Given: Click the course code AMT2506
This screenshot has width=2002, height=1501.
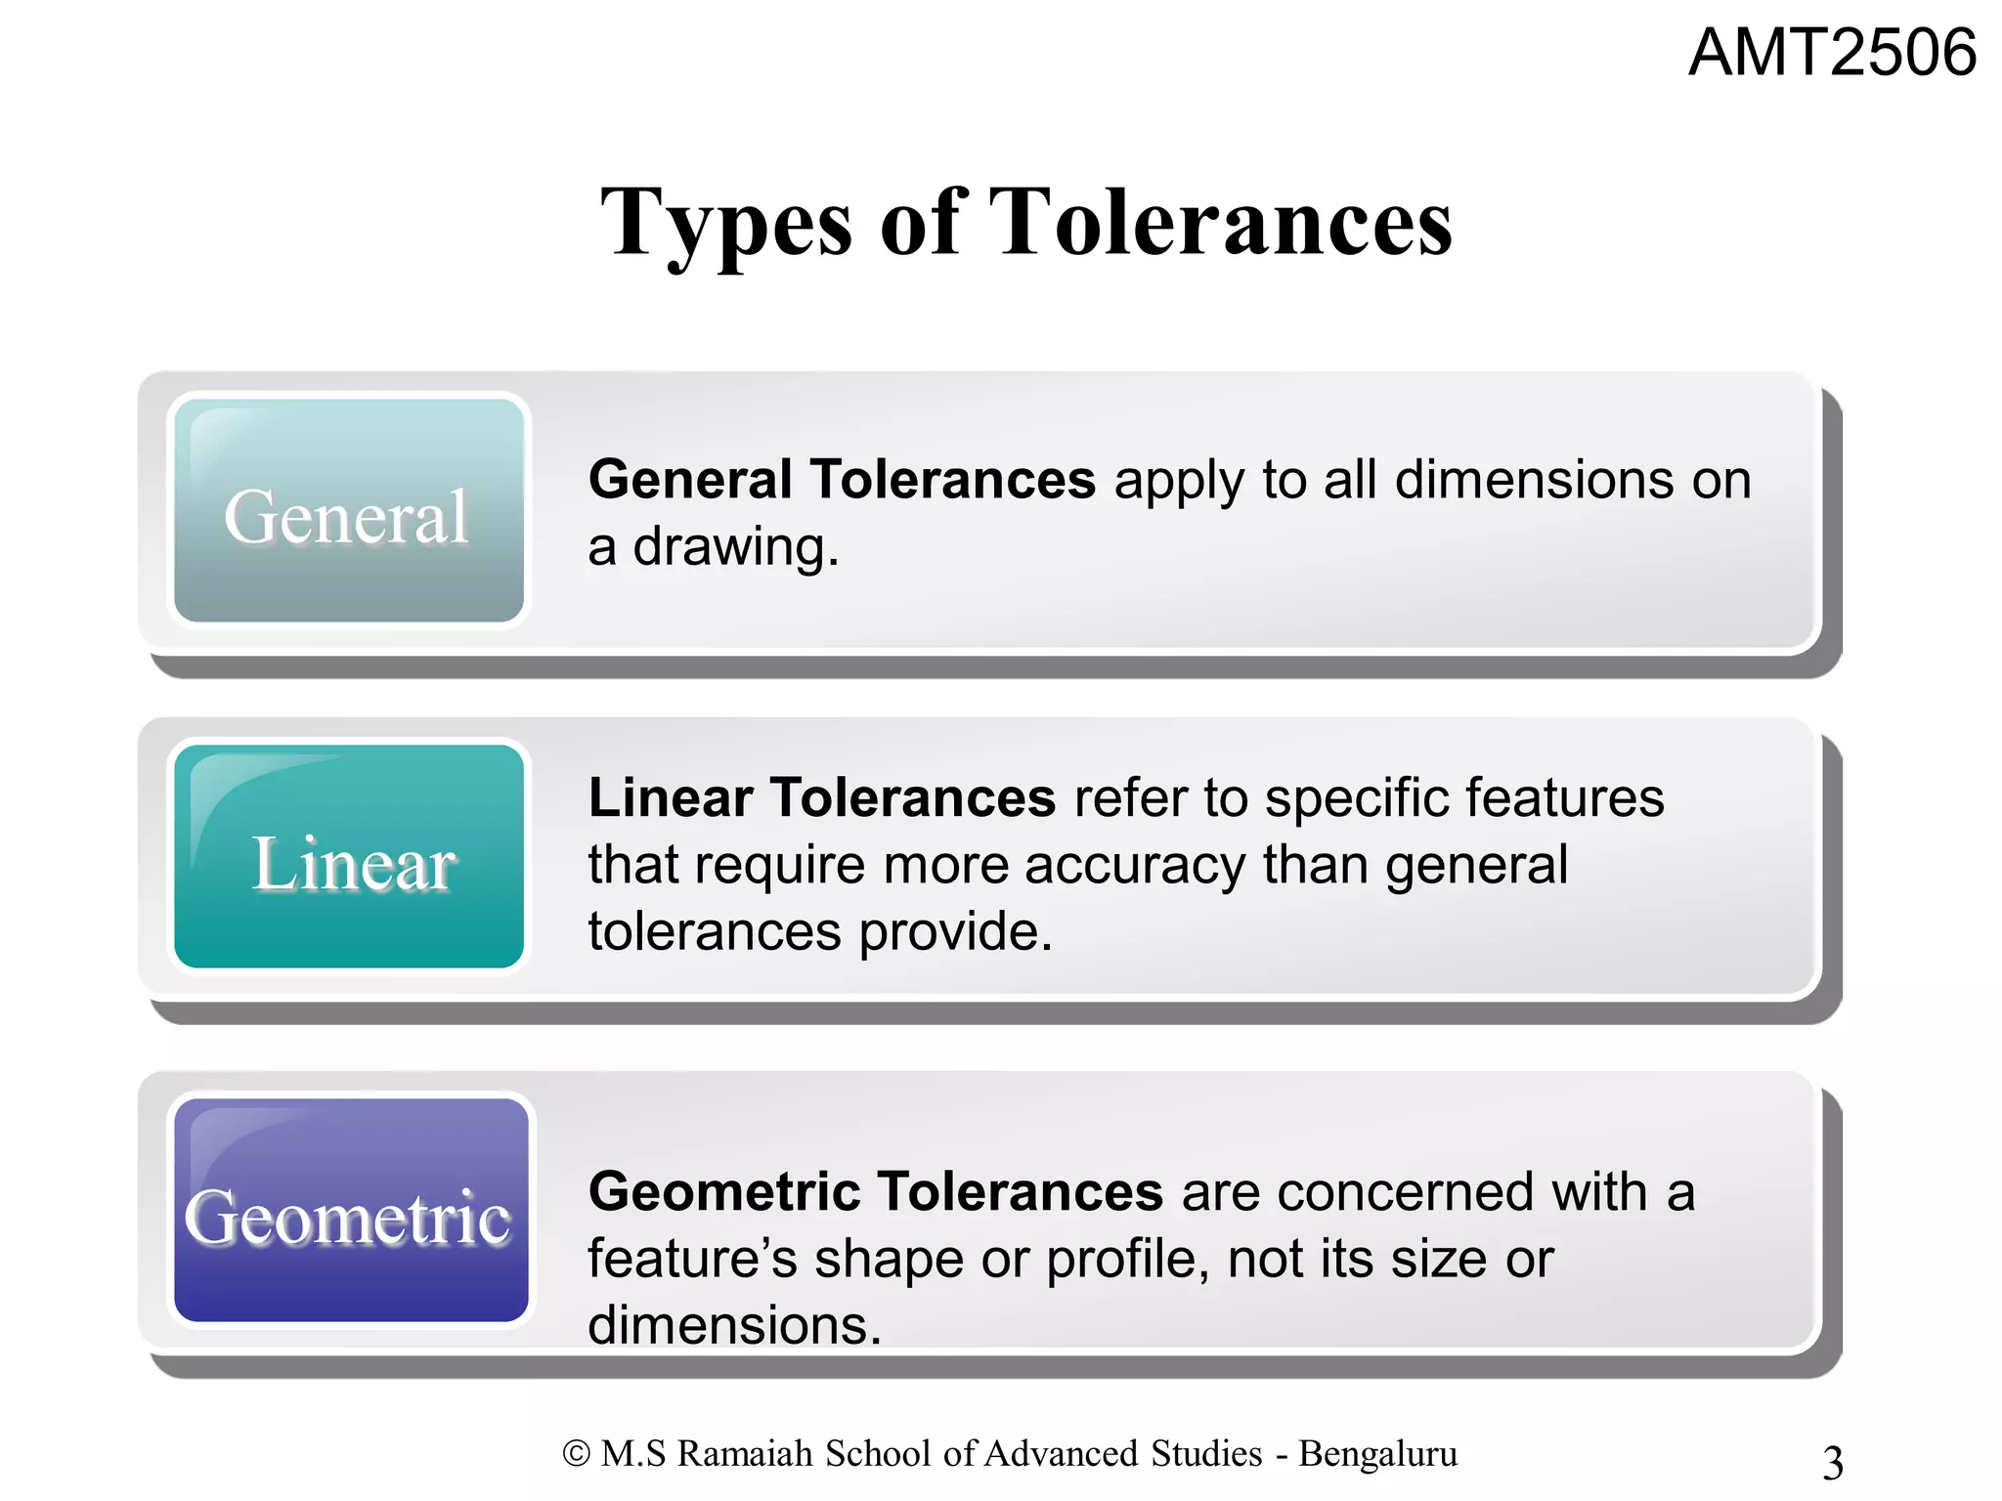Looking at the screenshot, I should pyautogui.click(x=1832, y=53).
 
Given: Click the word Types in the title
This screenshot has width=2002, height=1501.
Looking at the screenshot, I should pyautogui.click(x=726, y=224).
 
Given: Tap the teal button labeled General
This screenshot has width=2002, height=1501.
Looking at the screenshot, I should pyautogui.click(x=348, y=510).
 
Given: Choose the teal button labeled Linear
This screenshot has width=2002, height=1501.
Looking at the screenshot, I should pyautogui.click(x=348, y=857).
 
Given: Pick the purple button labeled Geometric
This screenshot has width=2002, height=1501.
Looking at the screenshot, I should pyautogui.click(x=350, y=1211).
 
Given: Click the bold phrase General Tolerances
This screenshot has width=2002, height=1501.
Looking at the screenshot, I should pyautogui.click(x=842, y=480).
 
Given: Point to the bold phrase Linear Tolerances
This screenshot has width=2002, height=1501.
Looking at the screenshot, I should pyautogui.click(x=821, y=797).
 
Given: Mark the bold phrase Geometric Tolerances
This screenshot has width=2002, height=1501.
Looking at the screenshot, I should pyautogui.click(x=875, y=1191).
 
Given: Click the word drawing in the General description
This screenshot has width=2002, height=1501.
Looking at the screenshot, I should pyautogui.click(x=735, y=547).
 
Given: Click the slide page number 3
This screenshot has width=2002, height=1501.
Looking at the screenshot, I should pyautogui.click(x=1833, y=1463).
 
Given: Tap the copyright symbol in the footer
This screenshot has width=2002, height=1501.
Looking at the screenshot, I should pyautogui.click(x=576, y=1454).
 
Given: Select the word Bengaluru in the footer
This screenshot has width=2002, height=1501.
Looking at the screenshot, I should pyautogui.click(x=1377, y=1454).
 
